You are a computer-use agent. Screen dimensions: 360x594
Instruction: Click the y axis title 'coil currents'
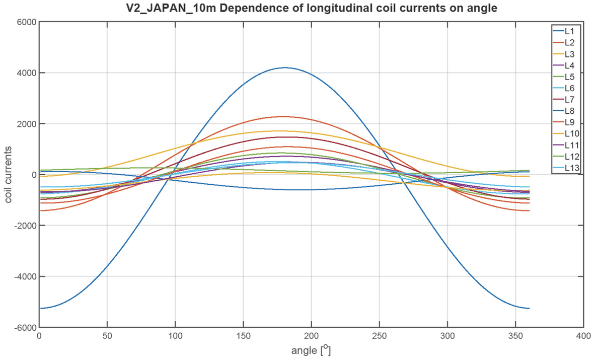coord(9,175)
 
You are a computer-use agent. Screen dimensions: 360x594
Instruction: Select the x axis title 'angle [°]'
coord(311,349)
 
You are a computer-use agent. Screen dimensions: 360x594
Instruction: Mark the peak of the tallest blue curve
coord(284,67)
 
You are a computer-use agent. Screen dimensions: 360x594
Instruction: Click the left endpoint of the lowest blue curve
coord(40,308)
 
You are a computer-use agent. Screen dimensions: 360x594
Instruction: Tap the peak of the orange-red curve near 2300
coord(284,117)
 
